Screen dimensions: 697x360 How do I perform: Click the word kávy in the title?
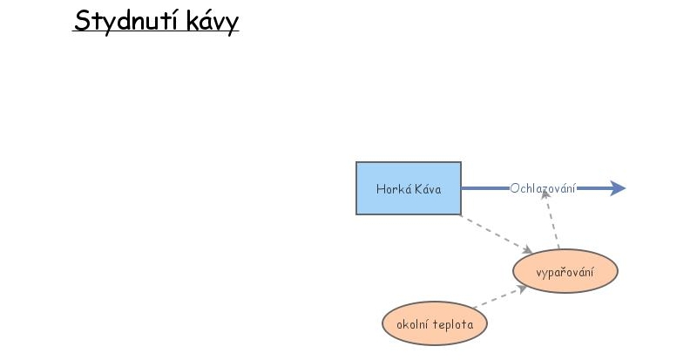[x=213, y=22]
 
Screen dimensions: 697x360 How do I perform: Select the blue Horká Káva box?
[x=409, y=188]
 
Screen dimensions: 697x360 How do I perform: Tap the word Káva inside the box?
[x=428, y=189]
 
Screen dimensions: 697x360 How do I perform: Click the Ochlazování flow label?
[x=543, y=188]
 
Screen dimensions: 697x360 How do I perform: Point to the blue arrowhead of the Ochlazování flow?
[x=618, y=188]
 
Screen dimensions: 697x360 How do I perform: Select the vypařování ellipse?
[x=565, y=271]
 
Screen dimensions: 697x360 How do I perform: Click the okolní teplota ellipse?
[x=435, y=323]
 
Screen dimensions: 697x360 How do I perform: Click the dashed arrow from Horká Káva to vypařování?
[x=497, y=234]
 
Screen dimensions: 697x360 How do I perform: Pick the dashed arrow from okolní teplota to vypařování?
[x=500, y=297]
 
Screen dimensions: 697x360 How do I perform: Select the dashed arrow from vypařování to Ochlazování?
[x=552, y=220]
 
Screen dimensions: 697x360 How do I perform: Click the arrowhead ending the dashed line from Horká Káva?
[x=528, y=249]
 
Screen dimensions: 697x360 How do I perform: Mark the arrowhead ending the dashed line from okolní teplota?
[x=522, y=289]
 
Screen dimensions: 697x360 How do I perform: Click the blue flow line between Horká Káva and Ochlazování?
[x=485, y=188]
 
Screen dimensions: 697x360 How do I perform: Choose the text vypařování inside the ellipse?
[x=565, y=272]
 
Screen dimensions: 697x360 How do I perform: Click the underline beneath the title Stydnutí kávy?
[x=156, y=31]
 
